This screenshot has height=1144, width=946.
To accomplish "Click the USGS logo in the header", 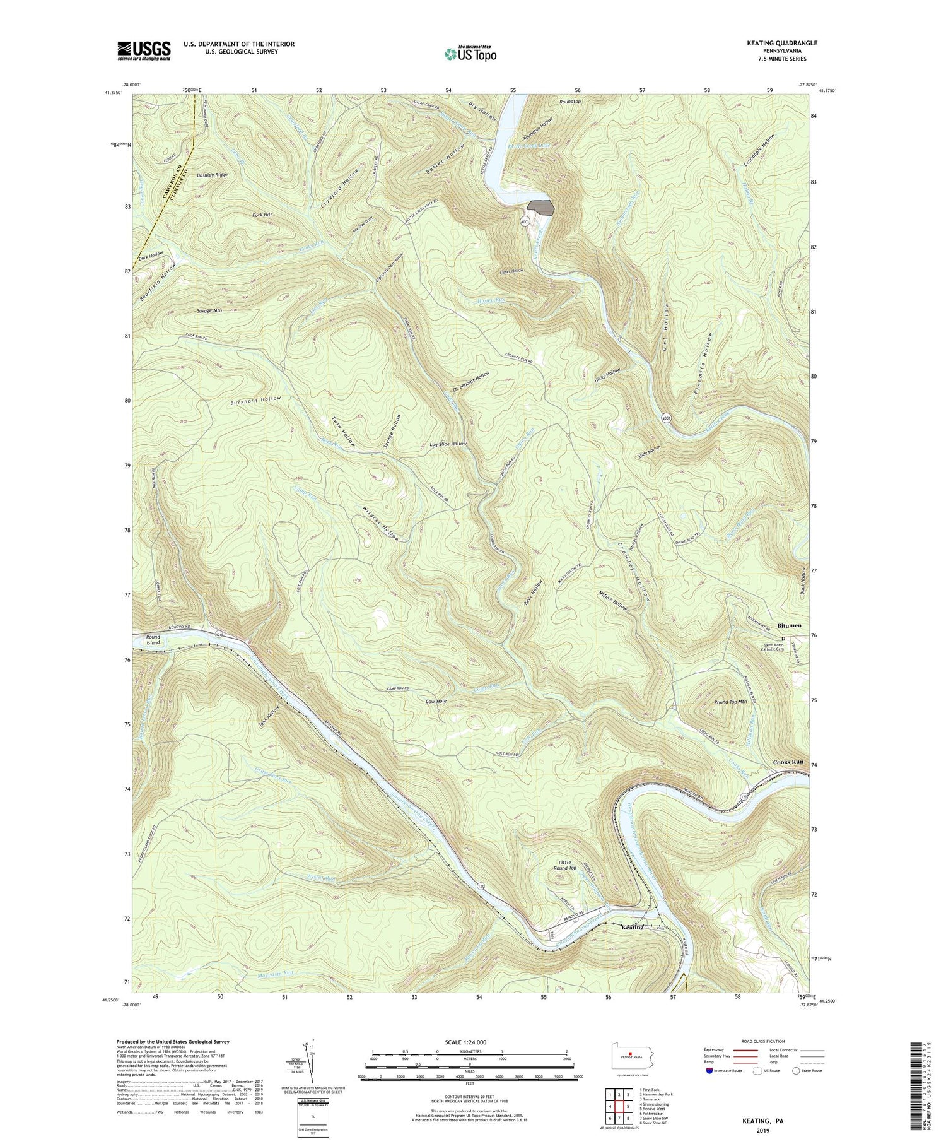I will pyautogui.click(x=144, y=50).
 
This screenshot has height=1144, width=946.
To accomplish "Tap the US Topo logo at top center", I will pyautogui.click(x=470, y=54).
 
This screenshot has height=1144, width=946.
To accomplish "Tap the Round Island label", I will pyautogui.click(x=153, y=640).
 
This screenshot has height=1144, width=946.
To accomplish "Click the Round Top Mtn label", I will pyautogui.click(x=730, y=702).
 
